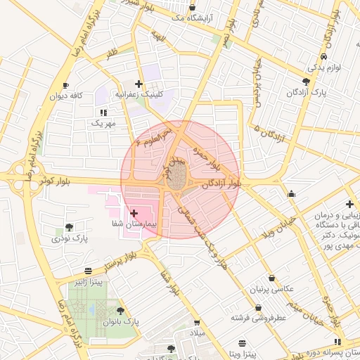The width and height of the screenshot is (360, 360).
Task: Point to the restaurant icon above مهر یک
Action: click(x=103, y=112)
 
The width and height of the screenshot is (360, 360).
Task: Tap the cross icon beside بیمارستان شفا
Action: click(x=134, y=212)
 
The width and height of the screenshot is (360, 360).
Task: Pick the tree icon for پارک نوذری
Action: click(x=68, y=227)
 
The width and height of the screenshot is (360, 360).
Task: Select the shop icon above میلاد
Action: click(x=197, y=323)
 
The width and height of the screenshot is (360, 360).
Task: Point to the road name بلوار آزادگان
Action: click(x=221, y=184)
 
